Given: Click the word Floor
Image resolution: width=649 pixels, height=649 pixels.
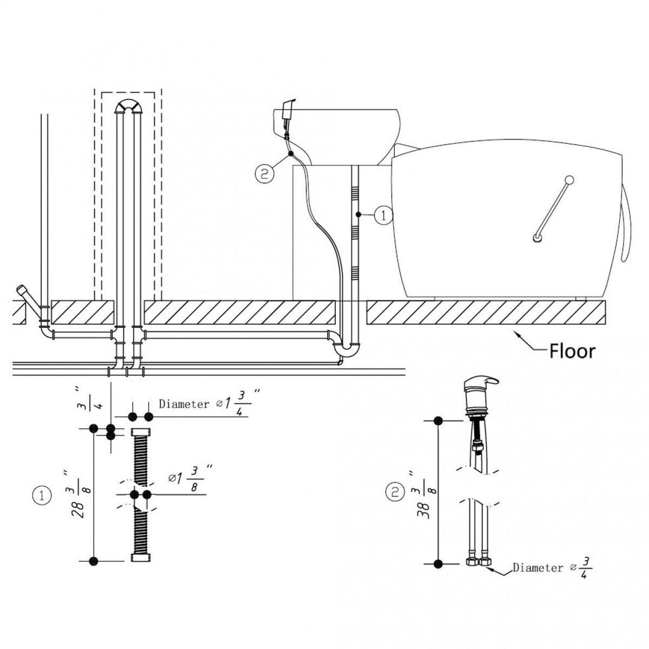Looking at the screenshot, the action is [572, 351].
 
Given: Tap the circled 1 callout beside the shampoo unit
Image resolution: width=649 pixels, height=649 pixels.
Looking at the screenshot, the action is [383, 215].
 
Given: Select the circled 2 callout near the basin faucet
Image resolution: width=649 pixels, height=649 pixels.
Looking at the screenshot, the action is [264, 174].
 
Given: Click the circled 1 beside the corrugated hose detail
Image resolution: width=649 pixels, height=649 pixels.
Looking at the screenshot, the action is [42, 496].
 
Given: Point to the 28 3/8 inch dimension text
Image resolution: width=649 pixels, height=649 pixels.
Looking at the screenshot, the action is [78, 494].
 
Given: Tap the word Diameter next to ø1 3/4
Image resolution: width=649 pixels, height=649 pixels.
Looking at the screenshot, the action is [184, 404].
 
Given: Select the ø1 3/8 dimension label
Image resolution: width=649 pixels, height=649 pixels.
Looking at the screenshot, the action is [191, 479].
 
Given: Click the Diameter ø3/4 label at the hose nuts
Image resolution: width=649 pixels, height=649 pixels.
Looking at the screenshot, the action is [552, 567].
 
